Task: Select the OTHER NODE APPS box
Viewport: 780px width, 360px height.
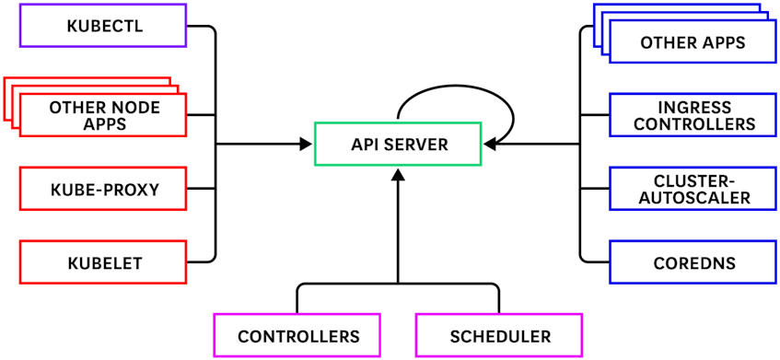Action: (x=103, y=115)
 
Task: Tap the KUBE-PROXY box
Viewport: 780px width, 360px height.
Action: (x=103, y=191)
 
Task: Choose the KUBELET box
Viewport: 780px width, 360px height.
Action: (x=103, y=263)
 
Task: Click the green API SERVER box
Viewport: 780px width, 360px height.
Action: (x=398, y=145)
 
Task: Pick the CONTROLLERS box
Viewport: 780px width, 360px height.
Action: (x=298, y=336)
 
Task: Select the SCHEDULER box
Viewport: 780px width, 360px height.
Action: (x=499, y=336)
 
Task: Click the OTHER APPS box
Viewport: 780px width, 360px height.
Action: (x=692, y=42)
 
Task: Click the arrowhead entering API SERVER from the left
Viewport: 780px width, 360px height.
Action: (x=307, y=145)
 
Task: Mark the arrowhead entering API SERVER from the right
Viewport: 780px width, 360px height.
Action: (x=490, y=145)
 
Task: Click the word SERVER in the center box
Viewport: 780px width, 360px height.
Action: (x=418, y=145)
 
